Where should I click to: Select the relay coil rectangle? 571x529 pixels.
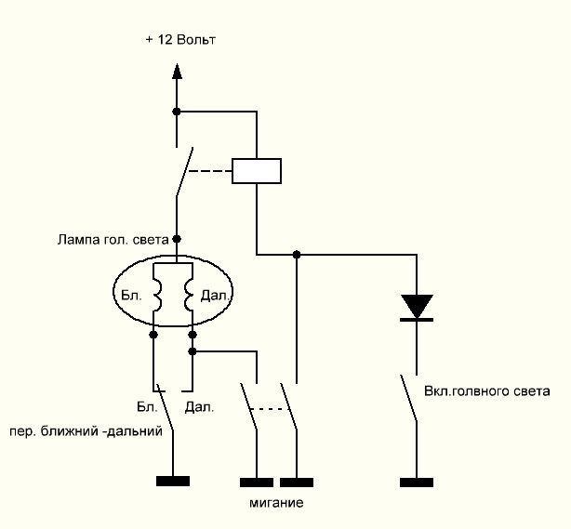(x=257, y=170)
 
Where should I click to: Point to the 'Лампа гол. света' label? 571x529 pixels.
(x=111, y=239)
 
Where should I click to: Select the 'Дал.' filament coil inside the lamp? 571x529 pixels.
(x=189, y=298)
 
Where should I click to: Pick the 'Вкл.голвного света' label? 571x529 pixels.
(x=486, y=391)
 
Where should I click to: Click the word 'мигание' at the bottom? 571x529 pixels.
(x=276, y=503)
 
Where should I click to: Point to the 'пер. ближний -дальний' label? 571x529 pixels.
(x=86, y=431)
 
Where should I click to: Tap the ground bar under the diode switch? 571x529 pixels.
(x=416, y=482)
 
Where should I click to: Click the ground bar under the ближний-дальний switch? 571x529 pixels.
(x=173, y=481)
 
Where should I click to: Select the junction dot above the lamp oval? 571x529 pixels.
(x=177, y=239)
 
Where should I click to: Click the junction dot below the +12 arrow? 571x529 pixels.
(x=177, y=112)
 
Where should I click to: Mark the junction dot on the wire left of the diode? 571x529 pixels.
(x=297, y=254)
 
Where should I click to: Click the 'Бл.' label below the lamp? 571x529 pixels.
(x=147, y=406)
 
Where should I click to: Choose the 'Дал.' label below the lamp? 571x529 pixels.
(x=199, y=406)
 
